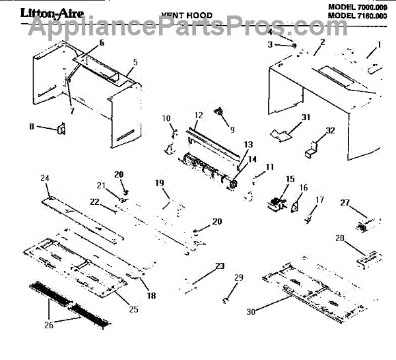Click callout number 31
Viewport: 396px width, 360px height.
click(287, 117)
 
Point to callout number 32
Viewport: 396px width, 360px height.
click(331, 130)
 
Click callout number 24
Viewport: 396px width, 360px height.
click(45, 178)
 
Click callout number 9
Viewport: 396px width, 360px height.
click(232, 129)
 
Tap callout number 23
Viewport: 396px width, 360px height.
click(219, 266)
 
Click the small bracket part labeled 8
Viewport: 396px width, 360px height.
click(61, 129)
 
